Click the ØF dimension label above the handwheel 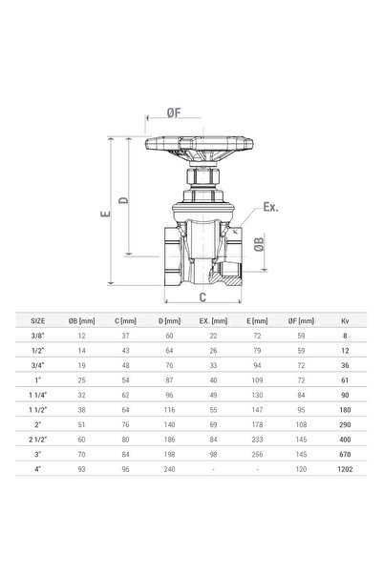coord(174,113)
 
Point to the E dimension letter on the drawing coord(105,213)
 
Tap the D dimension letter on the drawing coord(124,200)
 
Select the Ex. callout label coord(270,207)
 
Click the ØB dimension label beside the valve coord(259,244)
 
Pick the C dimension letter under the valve coord(202,297)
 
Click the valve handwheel coord(200,147)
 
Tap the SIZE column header coord(37,321)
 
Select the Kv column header coord(345,321)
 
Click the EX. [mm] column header coord(213,321)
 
